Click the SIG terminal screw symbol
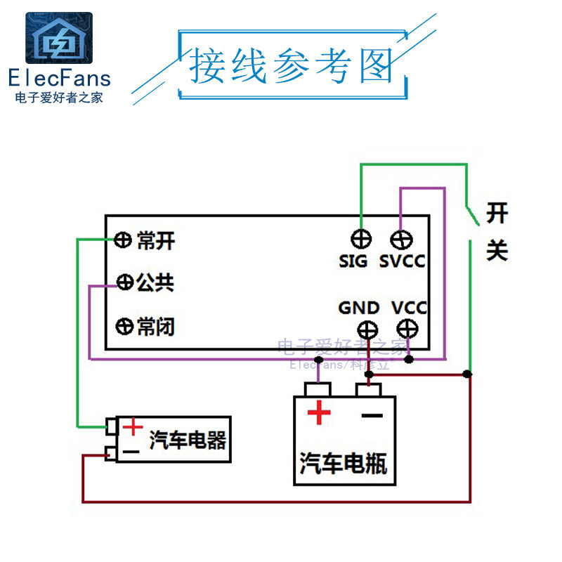[361, 239]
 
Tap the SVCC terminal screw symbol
[401, 240]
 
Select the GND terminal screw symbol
[367, 329]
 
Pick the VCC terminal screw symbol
[407, 328]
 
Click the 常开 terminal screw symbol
[123, 241]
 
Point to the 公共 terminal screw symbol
[125, 282]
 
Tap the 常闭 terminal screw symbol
[124, 326]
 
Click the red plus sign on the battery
[319, 412]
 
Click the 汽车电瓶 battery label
[344, 463]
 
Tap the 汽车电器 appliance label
[188, 440]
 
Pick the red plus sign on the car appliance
[132, 426]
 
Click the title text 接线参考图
[291, 67]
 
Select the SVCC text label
[403, 262]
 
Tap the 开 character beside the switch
[497, 211]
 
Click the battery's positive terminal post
[318, 389]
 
